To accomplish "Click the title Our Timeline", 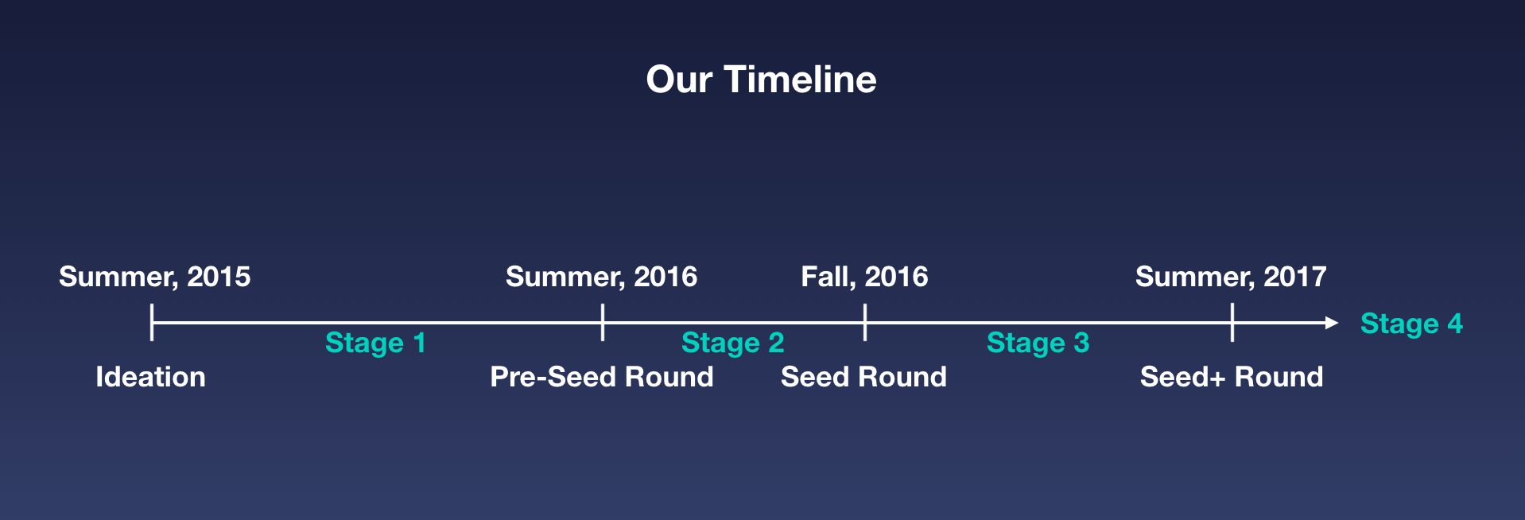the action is tap(761, 80).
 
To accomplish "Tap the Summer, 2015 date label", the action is tap(155, 277).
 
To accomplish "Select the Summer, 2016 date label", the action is tap(602, 277).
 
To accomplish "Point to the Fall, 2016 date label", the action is tap(864, 277).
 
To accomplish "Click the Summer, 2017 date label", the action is tap(1231, 277).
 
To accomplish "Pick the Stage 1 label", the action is tap(375, 343).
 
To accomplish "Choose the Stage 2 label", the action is tap(733, 343).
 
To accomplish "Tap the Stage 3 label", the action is tap(1038, 343).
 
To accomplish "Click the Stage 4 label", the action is tap(1411, 324).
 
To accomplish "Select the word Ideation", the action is tap(150, 377).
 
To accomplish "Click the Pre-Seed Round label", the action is tap(602, 377).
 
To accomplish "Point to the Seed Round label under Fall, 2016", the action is tap(863, 377).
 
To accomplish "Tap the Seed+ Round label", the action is tap(1232, 377).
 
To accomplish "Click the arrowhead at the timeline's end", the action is tap(1333, 323).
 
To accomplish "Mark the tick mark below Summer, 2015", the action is tap(151, 323).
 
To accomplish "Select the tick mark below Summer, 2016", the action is tap(603, 323).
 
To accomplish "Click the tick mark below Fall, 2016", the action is tap(865, 323).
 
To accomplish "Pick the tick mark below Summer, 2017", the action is tap(1232, 323).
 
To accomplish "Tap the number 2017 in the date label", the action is tap(1295, 277).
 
